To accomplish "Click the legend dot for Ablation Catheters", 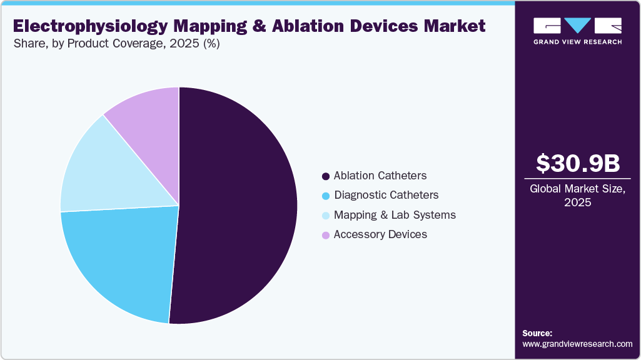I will (x=325, y=176).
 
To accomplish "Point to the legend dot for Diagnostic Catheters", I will (x=325, y=196).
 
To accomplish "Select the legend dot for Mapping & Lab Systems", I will (x=325, y=216).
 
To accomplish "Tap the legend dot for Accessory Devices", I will (x=325, y=235).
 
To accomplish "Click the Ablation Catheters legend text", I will (x=380, y=176).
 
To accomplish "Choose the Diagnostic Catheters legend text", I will (x=386, y=195).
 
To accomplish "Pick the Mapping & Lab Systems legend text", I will (x=395, y=215).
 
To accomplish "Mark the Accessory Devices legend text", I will (x=380, y=234).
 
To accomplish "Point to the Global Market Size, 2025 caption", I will (x=578, y=195).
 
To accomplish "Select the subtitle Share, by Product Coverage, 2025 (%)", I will (x=116, y=44).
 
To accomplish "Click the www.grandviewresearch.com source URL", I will (x=577, y=344).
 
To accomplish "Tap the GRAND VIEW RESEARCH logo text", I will (x=577, y=42).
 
